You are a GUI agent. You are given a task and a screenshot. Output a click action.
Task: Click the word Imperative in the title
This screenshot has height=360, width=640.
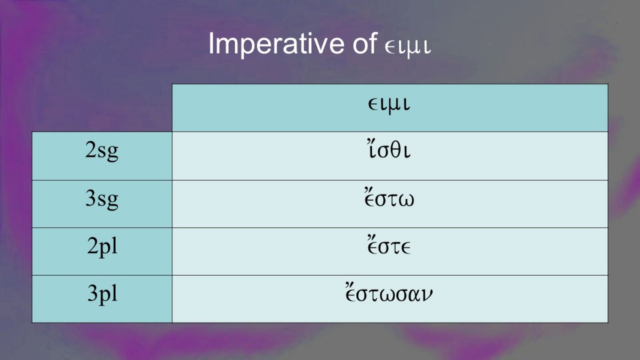coord(276,44)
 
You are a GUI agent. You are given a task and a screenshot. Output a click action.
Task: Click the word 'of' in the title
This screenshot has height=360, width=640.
coord(365,43)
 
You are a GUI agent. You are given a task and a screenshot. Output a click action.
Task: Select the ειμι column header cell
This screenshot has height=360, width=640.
coord(390,108)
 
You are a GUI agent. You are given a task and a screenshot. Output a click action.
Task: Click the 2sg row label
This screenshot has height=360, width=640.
coord(102,151)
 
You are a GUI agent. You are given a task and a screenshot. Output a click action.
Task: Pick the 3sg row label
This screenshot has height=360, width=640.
coord(102,199)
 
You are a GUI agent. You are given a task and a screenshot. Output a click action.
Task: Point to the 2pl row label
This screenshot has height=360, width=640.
coord(102,246)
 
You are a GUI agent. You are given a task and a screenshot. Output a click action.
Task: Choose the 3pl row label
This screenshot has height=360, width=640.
coord(102,294)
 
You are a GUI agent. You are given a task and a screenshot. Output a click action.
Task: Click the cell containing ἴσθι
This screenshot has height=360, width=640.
coord(390,156)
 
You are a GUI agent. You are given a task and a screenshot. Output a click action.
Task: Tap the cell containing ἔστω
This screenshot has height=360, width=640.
coord(390,204)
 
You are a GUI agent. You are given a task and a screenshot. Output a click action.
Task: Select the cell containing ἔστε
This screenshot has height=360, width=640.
coord(390,251)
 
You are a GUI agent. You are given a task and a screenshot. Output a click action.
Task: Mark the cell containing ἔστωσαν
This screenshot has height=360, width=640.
coord(390,299)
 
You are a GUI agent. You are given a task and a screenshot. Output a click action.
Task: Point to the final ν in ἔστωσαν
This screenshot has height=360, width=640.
coord(427,295)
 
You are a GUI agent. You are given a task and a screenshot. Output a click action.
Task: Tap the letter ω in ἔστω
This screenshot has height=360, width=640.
coord(405,200)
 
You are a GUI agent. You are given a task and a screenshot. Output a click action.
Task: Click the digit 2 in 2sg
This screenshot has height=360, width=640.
coord(91,150)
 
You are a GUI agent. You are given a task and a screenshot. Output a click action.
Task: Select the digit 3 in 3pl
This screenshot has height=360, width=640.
coord(93,293)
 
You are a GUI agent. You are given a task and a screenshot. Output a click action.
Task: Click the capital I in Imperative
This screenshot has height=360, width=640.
coord(211,43)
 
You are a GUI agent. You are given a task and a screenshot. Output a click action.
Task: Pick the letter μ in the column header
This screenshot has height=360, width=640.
coord(394,106)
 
